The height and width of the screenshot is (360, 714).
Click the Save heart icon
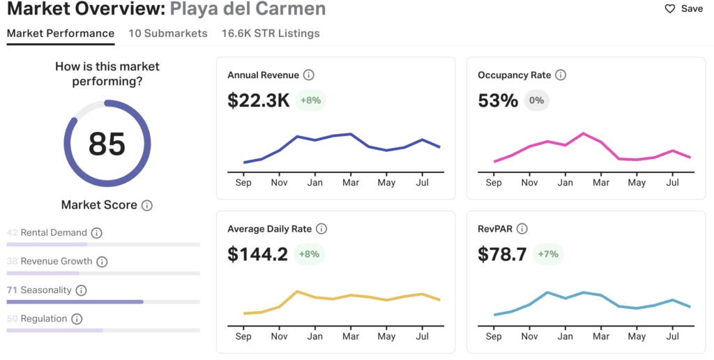click(x=670, y=9)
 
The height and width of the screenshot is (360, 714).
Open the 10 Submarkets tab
click(x=168, y=33)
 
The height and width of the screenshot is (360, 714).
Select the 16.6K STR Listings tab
click(x=271, y=33)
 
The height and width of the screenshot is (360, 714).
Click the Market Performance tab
click(x=61, y=33)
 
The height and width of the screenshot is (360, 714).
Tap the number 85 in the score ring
click(x=107, y=144)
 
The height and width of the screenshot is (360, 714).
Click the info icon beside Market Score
click(x=147, y=206)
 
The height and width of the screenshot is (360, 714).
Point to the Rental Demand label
click(x=54, y=233)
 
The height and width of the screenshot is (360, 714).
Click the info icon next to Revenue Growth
click(x=102, y=262)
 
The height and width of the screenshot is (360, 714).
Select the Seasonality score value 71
click(x=13, y=290)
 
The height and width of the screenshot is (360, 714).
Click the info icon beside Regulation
click(x=77, y=319)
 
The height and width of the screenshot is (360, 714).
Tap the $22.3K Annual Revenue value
click(x=259, y=100)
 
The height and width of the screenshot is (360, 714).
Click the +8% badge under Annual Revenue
click(x=310, y=100)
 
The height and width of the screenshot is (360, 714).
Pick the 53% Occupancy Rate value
click(x=498, y=100)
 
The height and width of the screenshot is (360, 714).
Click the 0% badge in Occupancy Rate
click(x=537, y=100)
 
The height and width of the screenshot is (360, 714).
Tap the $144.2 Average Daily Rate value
click(x=257, y=254)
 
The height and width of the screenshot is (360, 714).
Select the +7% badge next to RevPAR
click(x=548, y=254)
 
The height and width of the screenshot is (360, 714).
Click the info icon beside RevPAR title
click(x=522, y=229)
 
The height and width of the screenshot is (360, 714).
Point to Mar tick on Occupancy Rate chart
click(x=600, y=183)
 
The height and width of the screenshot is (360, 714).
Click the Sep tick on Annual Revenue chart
click(x=243, y=183)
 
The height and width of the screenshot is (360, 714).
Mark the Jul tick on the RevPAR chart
click(x=672, y=336)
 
